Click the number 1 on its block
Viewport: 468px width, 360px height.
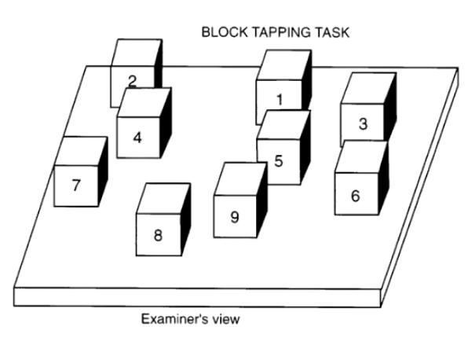(280, 100)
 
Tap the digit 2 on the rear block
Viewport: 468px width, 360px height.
(132, 81)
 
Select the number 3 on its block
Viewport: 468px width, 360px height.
(363, 123)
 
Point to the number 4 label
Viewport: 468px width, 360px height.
(137, 138)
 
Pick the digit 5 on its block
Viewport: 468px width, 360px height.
(279, 160)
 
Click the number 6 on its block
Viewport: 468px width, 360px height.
(355, 196)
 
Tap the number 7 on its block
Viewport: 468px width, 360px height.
(76, 185)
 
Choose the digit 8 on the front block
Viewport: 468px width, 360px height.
(158, 235)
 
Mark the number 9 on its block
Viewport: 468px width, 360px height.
(235, 217)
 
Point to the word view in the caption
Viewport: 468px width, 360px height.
(226, 319)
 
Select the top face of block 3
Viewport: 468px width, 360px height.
(369, 89)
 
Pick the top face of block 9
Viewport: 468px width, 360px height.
(241, 179)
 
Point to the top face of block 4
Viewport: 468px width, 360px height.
(144, 102)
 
